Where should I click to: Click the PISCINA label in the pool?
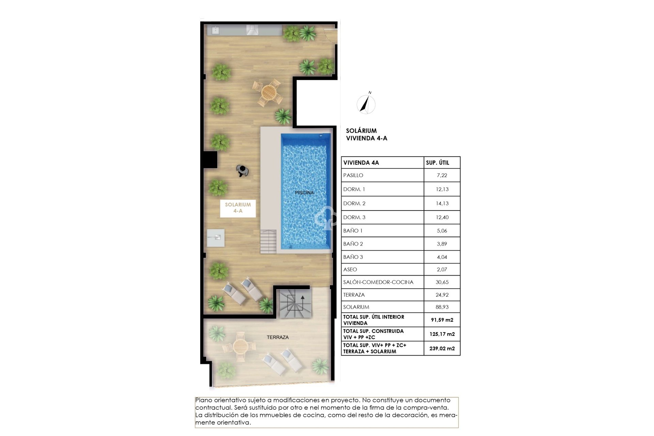coord(304,193)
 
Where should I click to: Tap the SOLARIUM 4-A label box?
coord(238,208)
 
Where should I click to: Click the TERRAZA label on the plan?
coord(278,337)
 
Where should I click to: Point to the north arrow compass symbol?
coord(366,104)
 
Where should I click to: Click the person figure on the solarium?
coord(243,171)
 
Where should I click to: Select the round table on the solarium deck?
coord(269,92)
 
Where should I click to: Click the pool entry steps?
coord(269,241)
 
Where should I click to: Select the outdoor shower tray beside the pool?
coord(216,238)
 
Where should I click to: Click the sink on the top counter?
coord(216,30)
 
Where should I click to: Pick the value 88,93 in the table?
coord(442,307)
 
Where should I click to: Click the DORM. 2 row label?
coord(354,203)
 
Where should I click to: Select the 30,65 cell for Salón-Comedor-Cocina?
coord(442,282)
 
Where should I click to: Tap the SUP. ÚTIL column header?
coord(437,163)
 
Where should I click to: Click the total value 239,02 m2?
coord(442,348)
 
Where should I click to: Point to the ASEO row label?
coord(350,269)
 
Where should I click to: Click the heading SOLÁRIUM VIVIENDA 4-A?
coord(366,134)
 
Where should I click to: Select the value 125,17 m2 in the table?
coord(442,334)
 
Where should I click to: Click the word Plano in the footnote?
coord(203,400)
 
